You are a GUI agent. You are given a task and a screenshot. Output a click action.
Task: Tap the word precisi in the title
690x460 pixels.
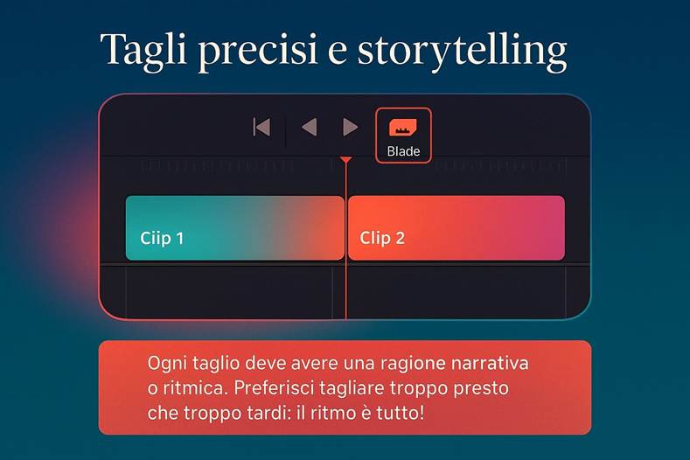(254, 51)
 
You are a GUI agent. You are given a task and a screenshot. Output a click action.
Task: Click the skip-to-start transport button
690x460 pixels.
(261, 128)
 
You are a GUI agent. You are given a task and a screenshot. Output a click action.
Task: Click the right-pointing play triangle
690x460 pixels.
(350, 128)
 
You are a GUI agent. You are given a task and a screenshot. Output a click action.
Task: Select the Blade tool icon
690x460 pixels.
(403, 128)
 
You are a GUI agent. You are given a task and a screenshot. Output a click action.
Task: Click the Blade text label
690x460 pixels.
(403, 151)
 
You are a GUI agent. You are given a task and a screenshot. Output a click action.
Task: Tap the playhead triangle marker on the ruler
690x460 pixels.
(346, 161)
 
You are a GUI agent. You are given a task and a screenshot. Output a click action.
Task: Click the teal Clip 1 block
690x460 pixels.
(234, 227)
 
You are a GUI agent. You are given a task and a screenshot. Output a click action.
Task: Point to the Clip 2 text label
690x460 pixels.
(382, 238)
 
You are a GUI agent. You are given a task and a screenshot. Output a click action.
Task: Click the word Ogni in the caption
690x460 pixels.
(166, 363)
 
